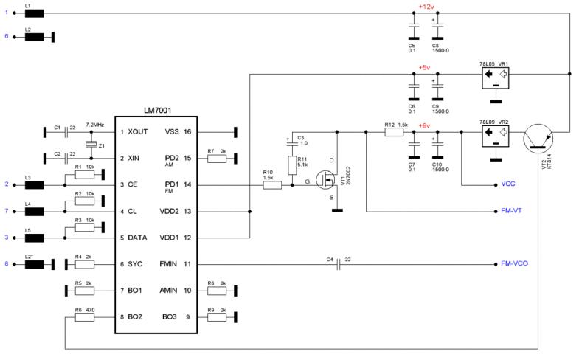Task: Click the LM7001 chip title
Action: tap(156, 109)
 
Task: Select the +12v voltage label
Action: tap(426, 6)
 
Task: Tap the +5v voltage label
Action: tap(424, 67)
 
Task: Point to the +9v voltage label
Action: tap(424, 126)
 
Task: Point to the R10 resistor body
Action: tap(271, 185)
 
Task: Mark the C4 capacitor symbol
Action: tap(337, 263)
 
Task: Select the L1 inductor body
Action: tap(33, 13)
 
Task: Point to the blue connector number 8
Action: tap(6, 263)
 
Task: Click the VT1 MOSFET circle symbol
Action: tap(325, 179)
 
